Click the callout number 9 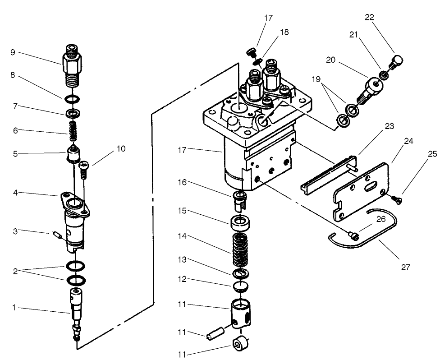tap(13, 52)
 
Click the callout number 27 tap(405, 267)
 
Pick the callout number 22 tap(370, 17)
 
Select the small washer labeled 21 tap(384, 74)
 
